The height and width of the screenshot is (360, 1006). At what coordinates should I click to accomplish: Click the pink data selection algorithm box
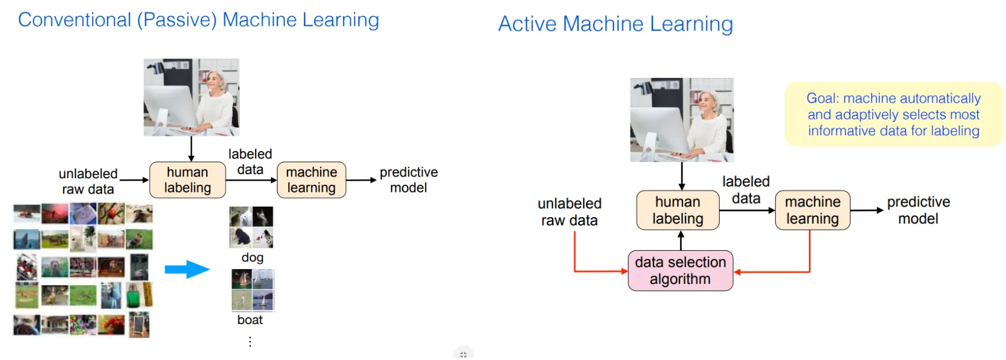(680, 271)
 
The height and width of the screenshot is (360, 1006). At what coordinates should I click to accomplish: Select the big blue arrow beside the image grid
(187, 269)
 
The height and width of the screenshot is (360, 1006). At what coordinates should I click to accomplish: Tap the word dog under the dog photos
(253, 258)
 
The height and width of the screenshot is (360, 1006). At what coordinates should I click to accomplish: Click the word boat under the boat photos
(250, 320)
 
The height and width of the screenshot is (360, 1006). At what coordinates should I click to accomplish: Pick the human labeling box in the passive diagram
(188, 180)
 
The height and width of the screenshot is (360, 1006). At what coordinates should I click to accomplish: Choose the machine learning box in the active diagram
(812, 210)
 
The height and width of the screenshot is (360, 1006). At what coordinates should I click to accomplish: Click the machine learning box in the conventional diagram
(312, 180)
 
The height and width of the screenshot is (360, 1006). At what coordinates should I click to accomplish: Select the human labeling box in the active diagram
(678, 210)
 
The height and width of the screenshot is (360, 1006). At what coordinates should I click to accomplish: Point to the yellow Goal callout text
(893, 114)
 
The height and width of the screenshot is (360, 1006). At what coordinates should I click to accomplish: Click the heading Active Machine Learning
(616, 24)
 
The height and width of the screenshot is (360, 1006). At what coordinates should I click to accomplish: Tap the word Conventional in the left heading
(74, 19)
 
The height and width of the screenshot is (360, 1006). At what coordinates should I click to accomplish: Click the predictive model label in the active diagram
(919, 210)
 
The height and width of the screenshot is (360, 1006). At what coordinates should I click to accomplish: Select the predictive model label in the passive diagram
(409, 180)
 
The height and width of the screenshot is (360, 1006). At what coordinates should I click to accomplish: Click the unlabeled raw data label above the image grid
(88, 181)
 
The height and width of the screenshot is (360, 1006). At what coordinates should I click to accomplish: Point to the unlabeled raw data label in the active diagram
(570, 212)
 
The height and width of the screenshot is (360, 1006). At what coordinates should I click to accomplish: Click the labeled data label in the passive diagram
(250, 162)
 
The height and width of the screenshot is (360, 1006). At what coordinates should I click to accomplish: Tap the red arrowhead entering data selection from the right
(737, 272)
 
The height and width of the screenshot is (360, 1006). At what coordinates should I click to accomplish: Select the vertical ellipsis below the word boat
(250, 342)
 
